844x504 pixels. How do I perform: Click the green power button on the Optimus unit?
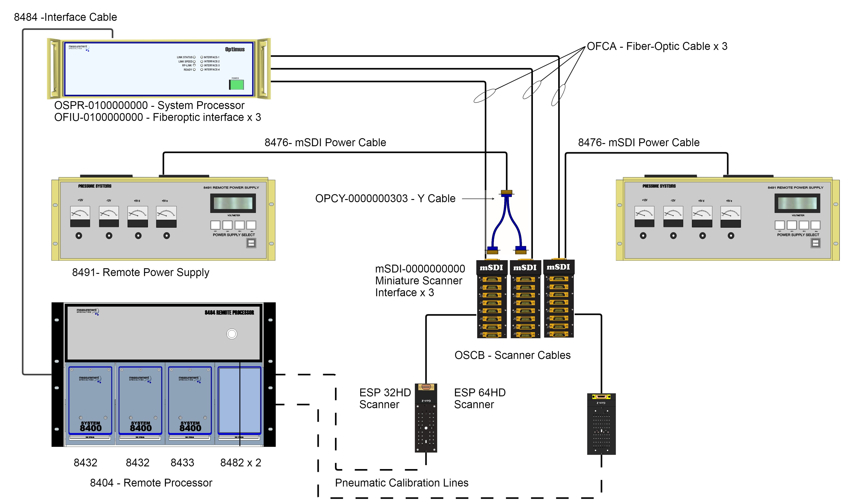[x=236, y=85]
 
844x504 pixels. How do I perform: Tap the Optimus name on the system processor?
[x=235, y=49]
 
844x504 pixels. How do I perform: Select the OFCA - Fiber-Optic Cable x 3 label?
[x=657, y=46]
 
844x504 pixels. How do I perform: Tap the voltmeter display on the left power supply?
[x=233, y=203]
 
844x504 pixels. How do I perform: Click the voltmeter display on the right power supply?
[x=797, y=203]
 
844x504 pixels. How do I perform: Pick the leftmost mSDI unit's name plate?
[x=491, y=268]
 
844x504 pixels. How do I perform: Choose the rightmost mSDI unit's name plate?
[x=558, y=267]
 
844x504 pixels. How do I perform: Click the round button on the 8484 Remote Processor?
[x=232, y=334]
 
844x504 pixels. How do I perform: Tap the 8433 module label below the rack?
[x=182, y=463]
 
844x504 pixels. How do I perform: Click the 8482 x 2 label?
[x=241, y=463]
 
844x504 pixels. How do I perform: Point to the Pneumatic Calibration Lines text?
[x=402, y=483]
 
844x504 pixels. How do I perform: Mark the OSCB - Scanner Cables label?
[x=512, y=355]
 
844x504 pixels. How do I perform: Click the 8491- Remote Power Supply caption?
[x=141, y=272]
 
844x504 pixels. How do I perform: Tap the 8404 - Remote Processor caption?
[x=151, y=483]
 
